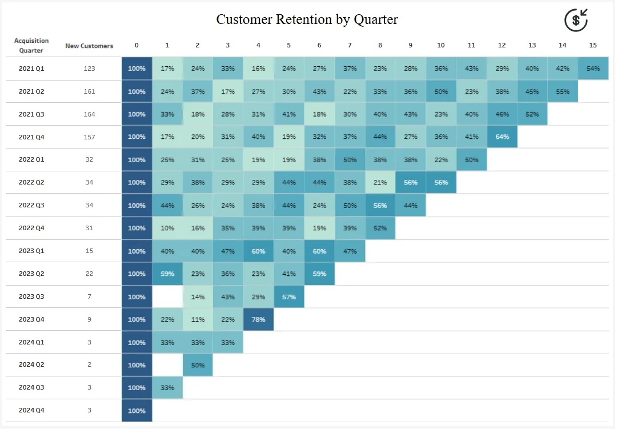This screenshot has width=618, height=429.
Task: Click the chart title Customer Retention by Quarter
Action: [307, 19]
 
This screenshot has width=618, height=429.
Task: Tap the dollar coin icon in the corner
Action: [576, 21]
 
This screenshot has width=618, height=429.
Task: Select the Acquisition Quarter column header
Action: [31, 46]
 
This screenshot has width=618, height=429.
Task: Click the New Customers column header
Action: [89, 46]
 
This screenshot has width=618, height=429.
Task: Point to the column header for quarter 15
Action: [593, 45]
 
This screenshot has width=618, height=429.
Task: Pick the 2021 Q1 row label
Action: [31, 69]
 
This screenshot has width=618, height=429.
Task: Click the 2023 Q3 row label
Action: [31, 296]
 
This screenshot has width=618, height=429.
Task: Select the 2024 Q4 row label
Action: [31, 410]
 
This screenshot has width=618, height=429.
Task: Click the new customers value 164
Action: [89, 114]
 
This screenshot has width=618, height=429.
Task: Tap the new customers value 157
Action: [89, 137]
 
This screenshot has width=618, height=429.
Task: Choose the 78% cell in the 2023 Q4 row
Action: [258, 319]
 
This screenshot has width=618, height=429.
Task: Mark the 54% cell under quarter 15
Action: [593, 69]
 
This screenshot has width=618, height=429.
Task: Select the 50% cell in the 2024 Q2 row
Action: [198, 364]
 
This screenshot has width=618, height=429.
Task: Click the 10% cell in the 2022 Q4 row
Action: [167, 228]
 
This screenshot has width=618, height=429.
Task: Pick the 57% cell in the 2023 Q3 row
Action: [289, 296]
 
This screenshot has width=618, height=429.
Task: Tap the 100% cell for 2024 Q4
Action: [137, 410]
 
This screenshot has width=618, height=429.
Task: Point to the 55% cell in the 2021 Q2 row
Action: [563, 91]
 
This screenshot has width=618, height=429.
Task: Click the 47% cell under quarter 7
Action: [350, 251]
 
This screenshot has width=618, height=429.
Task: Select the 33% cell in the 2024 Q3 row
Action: [167, 387]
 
